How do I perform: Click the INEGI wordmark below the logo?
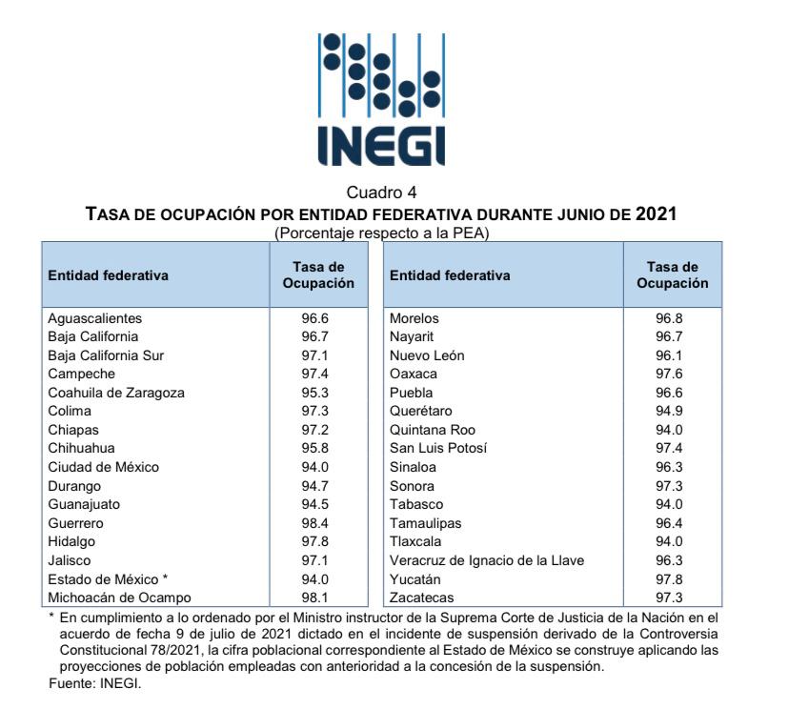click(381, 146)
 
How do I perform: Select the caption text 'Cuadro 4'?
click(381, 192)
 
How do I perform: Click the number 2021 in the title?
click(657, 213)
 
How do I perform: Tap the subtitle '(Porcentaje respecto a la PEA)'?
click(381, 233)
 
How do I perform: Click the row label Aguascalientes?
click(95, 318)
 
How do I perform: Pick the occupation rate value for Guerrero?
click(315, 523)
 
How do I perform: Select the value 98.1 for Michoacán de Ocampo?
click(315, 598)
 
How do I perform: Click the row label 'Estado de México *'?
click(108, 579)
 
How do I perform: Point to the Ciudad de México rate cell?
click(315, 468)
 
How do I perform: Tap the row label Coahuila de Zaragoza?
click(116, 393)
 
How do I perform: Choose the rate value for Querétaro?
click(669, 411)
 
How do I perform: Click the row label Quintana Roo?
click(433, 430)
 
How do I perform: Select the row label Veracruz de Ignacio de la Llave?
click(487, 560)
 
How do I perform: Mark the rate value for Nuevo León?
click(669, 355)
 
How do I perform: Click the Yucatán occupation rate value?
click(669, 579)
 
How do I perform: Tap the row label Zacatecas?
click(422, 598)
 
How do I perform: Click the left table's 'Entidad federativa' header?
click(109, 275)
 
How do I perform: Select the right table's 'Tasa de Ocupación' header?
click(672, 274)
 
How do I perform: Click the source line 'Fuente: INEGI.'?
click(95, 683)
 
